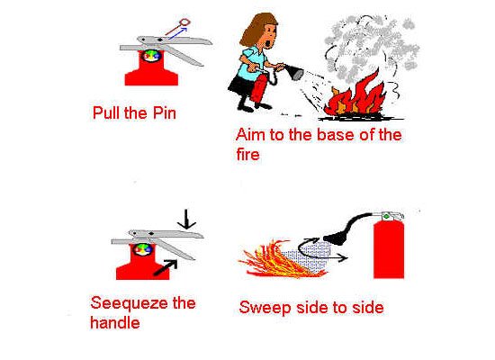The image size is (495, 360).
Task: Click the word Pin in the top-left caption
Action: (x=164, y=113)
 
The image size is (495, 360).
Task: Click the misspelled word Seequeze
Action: (x=130, y=304)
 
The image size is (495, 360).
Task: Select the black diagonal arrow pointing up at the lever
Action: (x=165, y=267)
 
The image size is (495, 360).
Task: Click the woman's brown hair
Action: (x=256, y=30)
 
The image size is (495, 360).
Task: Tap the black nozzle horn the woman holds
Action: (x=294, y=72)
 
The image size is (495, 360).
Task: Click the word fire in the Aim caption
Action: (x=247, y=154)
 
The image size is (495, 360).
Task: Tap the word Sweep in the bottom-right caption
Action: (x=265, y=308)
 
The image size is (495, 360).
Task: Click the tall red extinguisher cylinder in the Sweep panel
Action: (x=389, y=249)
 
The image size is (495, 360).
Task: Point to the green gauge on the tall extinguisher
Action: (x=386, y=217)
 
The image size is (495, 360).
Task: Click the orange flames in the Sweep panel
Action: (x=278, y=260)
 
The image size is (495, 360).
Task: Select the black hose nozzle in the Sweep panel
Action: (x=337, y=237)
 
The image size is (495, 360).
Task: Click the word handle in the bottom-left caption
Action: (x=115, y=323)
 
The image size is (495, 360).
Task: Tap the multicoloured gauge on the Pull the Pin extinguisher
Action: (x=151, y=55)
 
